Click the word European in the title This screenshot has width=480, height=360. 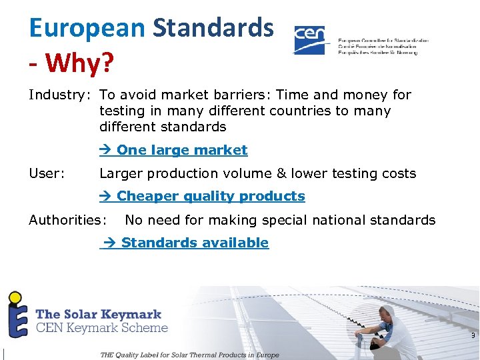point(87,28)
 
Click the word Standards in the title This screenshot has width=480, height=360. point(213,28)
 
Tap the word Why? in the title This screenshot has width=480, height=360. point(81,65)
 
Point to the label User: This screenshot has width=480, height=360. point(47,174)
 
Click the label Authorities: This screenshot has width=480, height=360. point(67,220)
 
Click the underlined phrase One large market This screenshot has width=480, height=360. point(182,151)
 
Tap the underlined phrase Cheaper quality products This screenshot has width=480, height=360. point(211,197)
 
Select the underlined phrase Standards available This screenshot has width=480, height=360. point(195,243)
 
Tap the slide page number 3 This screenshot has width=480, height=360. point(473,336)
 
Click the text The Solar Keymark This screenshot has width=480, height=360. point(98,314)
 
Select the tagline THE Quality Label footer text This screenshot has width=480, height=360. point(189,355)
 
